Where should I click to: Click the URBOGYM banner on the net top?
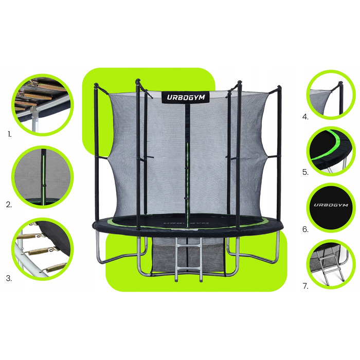186,97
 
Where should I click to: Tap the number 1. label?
10,134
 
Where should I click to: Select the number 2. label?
9,205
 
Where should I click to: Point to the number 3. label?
9,278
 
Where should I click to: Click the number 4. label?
305,117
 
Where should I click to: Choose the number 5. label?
305,172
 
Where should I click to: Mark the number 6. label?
305,229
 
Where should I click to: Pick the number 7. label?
305,286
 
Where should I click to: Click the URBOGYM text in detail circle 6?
331,205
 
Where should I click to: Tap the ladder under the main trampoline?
189,259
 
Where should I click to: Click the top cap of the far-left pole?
96,85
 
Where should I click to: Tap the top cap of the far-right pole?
279,87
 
